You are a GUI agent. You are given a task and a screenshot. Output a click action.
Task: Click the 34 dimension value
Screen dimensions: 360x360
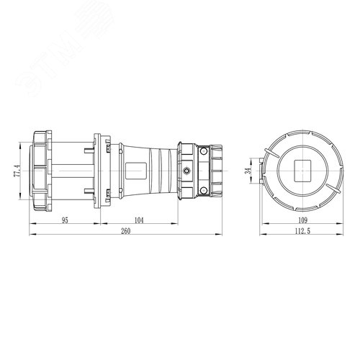(x=248, y=171)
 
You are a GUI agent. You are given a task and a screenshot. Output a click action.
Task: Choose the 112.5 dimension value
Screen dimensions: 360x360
(x=302, y=233)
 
